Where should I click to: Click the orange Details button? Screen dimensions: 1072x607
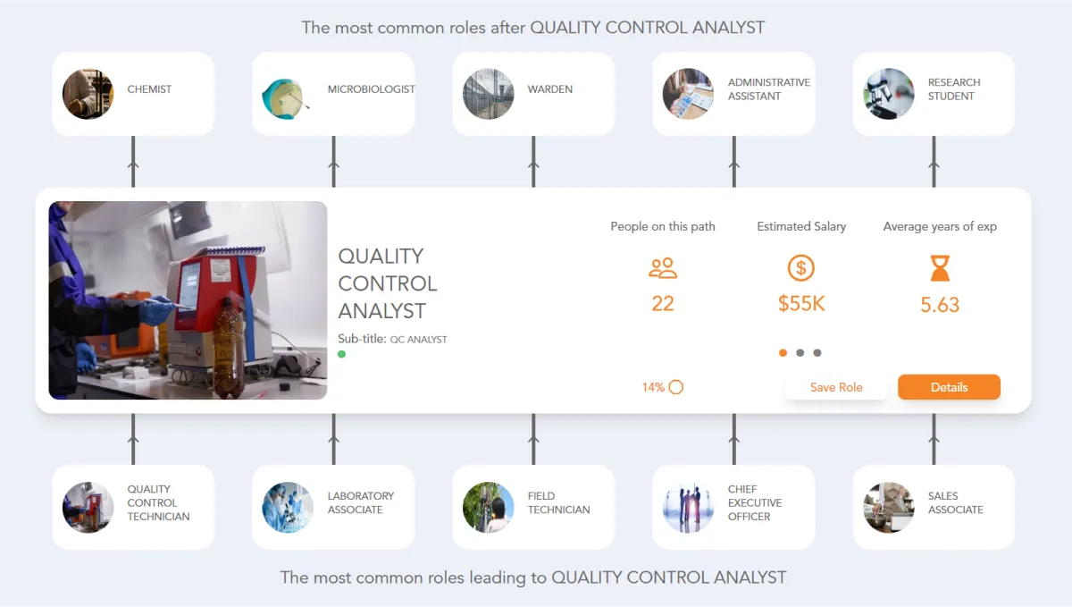pyautogui.click(x=949, y=387)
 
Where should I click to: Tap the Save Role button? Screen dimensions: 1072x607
pyautogui.click(x=836, y=387)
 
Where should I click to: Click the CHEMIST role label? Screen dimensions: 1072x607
pyautogui.click(x=149, y=89)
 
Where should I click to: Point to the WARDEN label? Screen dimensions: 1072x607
pyautogui.click(x=550, y=89)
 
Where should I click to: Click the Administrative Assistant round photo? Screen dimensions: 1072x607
pyautogui.click(x=688, y=94)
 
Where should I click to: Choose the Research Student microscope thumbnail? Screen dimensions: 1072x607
pyautogui.click(x=888, y=94)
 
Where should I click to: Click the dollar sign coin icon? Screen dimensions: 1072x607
pyautogui.click(x=801, y=268)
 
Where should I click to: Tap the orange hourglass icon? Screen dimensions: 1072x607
pyautogui.click(x=940, y=268)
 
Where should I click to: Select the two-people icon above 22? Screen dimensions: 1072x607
pyautogui.click(x=663, y=268)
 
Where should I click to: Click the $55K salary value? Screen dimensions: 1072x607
pyautogui.click(x=801, y=304)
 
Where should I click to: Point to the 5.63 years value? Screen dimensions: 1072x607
pyautogui.click(x=940, y=305)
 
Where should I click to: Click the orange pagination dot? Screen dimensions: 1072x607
pyautogui.click(x=783, y=352)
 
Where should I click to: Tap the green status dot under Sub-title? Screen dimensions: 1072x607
pyautogui.click(x=341, y=354)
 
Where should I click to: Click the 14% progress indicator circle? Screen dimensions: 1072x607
pyautogui.click(x=675, y=387)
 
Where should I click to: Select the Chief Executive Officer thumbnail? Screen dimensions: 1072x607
pyautogui.click(x=688, y=508)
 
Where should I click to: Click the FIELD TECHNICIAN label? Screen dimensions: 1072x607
pyautogui.click(x=559, y=503)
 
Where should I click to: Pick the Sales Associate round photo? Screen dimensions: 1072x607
pyautogui.click(x=888, y=508)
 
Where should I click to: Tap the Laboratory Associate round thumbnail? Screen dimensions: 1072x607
pyautogui.click(x=288, y=508)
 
